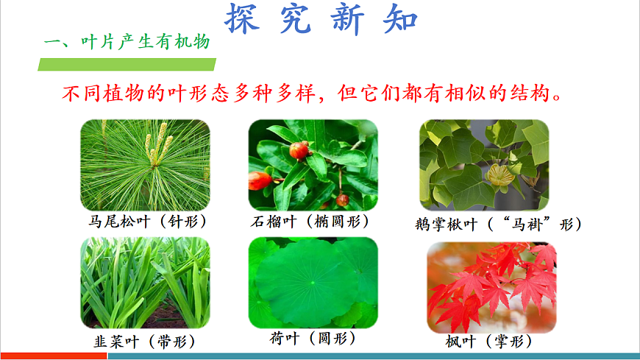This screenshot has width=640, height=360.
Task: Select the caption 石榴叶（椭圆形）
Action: (x=309, y=222)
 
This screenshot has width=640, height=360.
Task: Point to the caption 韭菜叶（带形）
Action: (x=142, y=342)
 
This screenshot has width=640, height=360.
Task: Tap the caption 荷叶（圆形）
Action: (x=313, y=339)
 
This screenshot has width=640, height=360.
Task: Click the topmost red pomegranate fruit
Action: (x=298, y=150)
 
